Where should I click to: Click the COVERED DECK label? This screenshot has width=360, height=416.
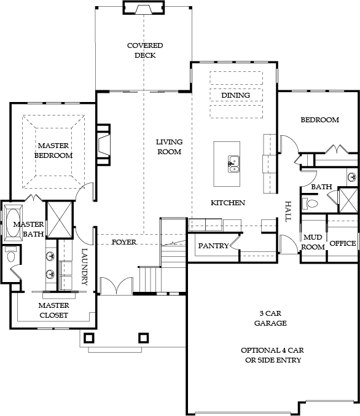(145, 50)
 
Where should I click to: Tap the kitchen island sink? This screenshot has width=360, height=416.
(233, 164)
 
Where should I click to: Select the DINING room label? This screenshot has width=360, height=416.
(235, 95)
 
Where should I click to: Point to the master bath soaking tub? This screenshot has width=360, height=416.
(13, 222)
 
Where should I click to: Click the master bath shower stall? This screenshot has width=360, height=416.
(60, 219)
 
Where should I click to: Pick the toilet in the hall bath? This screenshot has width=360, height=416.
(310, 204)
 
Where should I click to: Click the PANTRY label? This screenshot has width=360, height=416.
(213, 246)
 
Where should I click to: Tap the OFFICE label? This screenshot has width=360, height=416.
(342, 243)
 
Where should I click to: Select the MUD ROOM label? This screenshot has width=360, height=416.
(313, 242)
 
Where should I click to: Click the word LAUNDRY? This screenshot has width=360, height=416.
(84, 267)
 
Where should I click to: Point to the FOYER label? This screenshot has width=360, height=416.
(124, 242)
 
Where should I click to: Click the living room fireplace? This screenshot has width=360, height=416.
(103, 145)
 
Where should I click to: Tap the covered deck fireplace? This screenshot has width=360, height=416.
(144, 7)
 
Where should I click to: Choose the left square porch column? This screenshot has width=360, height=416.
(89, 338)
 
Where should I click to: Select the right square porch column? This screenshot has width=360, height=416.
(144, 338)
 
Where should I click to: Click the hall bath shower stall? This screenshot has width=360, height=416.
(348, 200)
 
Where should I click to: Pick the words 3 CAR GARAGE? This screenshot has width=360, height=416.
(270, 318)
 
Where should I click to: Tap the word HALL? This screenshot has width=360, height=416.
(288, 211)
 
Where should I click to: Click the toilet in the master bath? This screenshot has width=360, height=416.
(11, 254)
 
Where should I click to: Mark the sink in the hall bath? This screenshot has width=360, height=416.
(352, 177)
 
